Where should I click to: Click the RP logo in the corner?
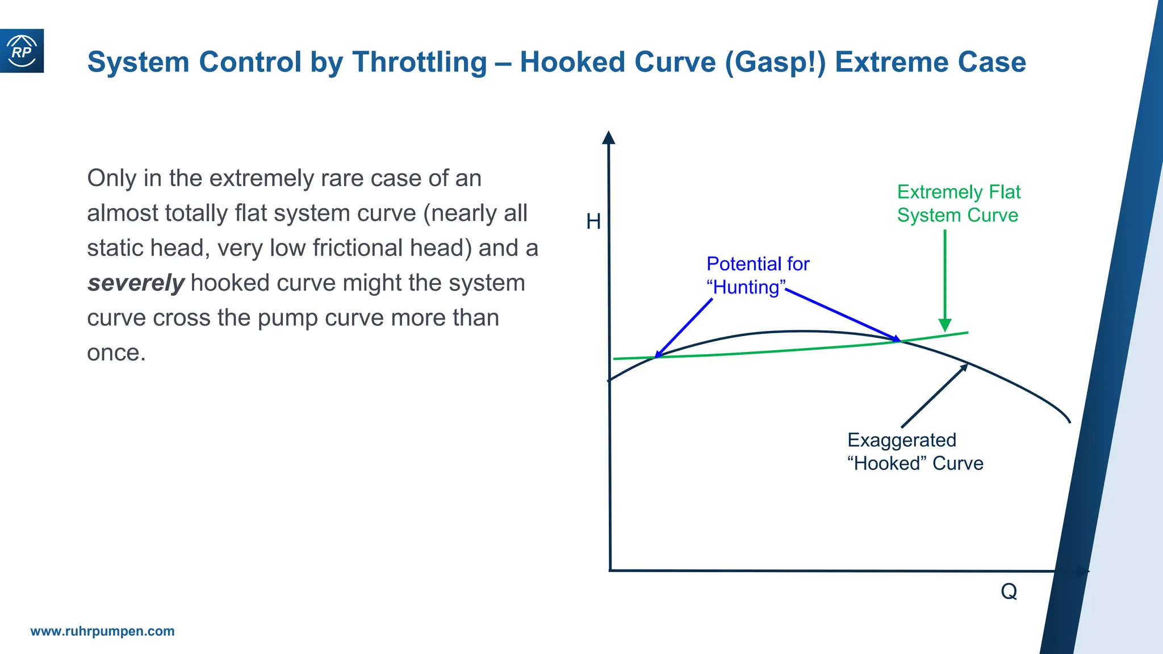tap(22, 51)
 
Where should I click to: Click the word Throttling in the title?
tap(419, 62)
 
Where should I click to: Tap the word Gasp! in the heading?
tap(775, 62)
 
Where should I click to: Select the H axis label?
tap(593, 221)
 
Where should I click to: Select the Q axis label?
tap(1009, 592)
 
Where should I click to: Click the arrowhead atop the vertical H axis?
tap(609, 138)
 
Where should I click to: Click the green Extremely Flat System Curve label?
tap(958, 204)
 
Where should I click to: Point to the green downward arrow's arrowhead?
tap(945, 325)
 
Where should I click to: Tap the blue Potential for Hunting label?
tap(757, 275)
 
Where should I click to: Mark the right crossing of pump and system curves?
tap(899, 340)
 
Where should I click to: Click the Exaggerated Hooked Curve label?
tap(914, 452)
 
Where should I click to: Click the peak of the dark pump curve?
tap(802, 331)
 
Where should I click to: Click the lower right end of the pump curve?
tap(1069, 421)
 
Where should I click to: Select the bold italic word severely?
tap(136, 283)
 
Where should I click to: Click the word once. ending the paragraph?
tap(116, 353)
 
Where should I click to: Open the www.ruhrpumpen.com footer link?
tap(102, 631)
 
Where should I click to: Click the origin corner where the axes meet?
tap(610, 570)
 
